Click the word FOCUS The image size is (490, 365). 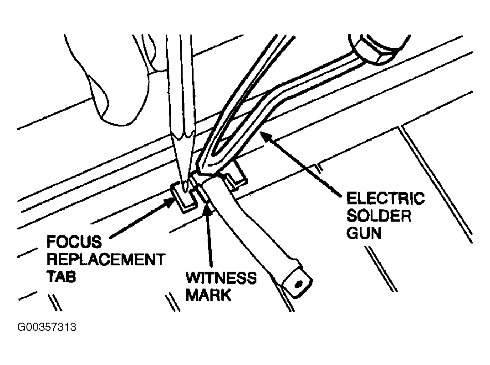click(74, 242)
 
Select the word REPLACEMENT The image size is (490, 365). click(106, 260)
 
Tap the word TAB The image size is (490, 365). click(61, 277)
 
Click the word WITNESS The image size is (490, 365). click(221, 278)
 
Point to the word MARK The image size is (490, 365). click(209, 294)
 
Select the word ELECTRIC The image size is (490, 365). click(386, 198)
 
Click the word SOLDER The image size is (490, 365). click(379, 216)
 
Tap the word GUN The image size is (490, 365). click(364, 233)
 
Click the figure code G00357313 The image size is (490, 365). click(46, 327)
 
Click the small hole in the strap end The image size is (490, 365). click(298, 284)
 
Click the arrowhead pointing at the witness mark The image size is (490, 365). click(207, 208)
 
